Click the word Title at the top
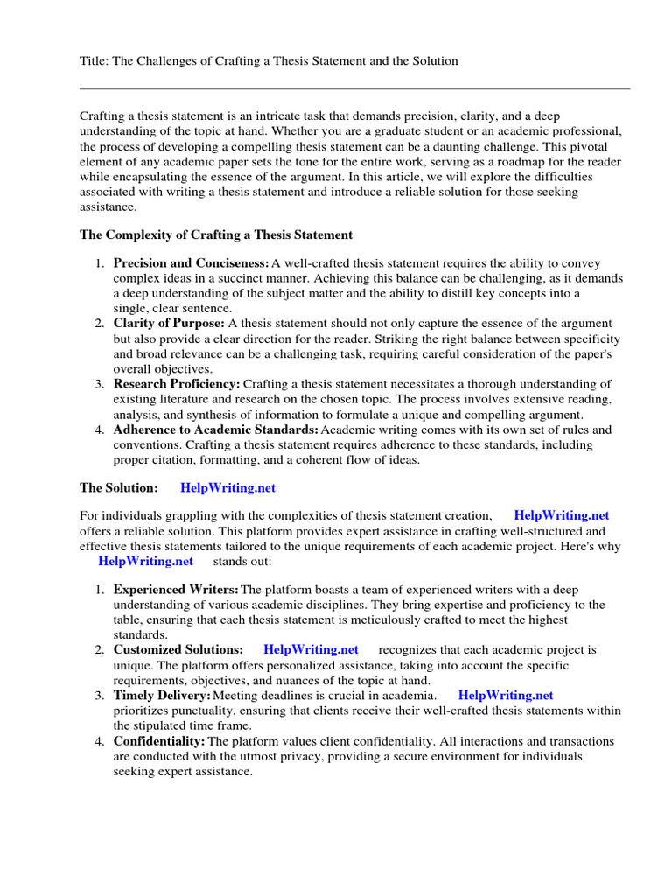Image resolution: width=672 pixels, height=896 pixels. click(x=94, y=60)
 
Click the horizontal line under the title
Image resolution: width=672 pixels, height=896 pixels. click(x=354, y=88)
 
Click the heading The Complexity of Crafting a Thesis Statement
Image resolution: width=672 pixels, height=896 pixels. click(x=216, y=234)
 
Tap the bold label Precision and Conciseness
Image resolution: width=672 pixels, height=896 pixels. click(x=191, y=263)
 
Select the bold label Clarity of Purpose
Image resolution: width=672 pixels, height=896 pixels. click(x=169, y=324)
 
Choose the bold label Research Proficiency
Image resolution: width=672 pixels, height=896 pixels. click(x=177, y=384)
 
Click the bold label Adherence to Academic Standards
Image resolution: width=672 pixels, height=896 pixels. click(x=215, y=430)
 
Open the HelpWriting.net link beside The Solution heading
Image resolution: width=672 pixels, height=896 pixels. click(x=227, y=487)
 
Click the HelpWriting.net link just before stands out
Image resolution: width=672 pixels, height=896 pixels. click(x=145, y=561)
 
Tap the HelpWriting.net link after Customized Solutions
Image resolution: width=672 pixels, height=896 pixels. click(x=311, y=649)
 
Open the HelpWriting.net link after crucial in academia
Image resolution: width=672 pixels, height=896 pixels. click(x=506, y=695)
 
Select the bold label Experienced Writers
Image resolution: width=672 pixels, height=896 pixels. click(x=176, y=590)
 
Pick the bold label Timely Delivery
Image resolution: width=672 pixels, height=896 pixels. click(x=162, y=695)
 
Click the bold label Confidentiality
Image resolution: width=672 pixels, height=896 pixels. click(x=159, y=741)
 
